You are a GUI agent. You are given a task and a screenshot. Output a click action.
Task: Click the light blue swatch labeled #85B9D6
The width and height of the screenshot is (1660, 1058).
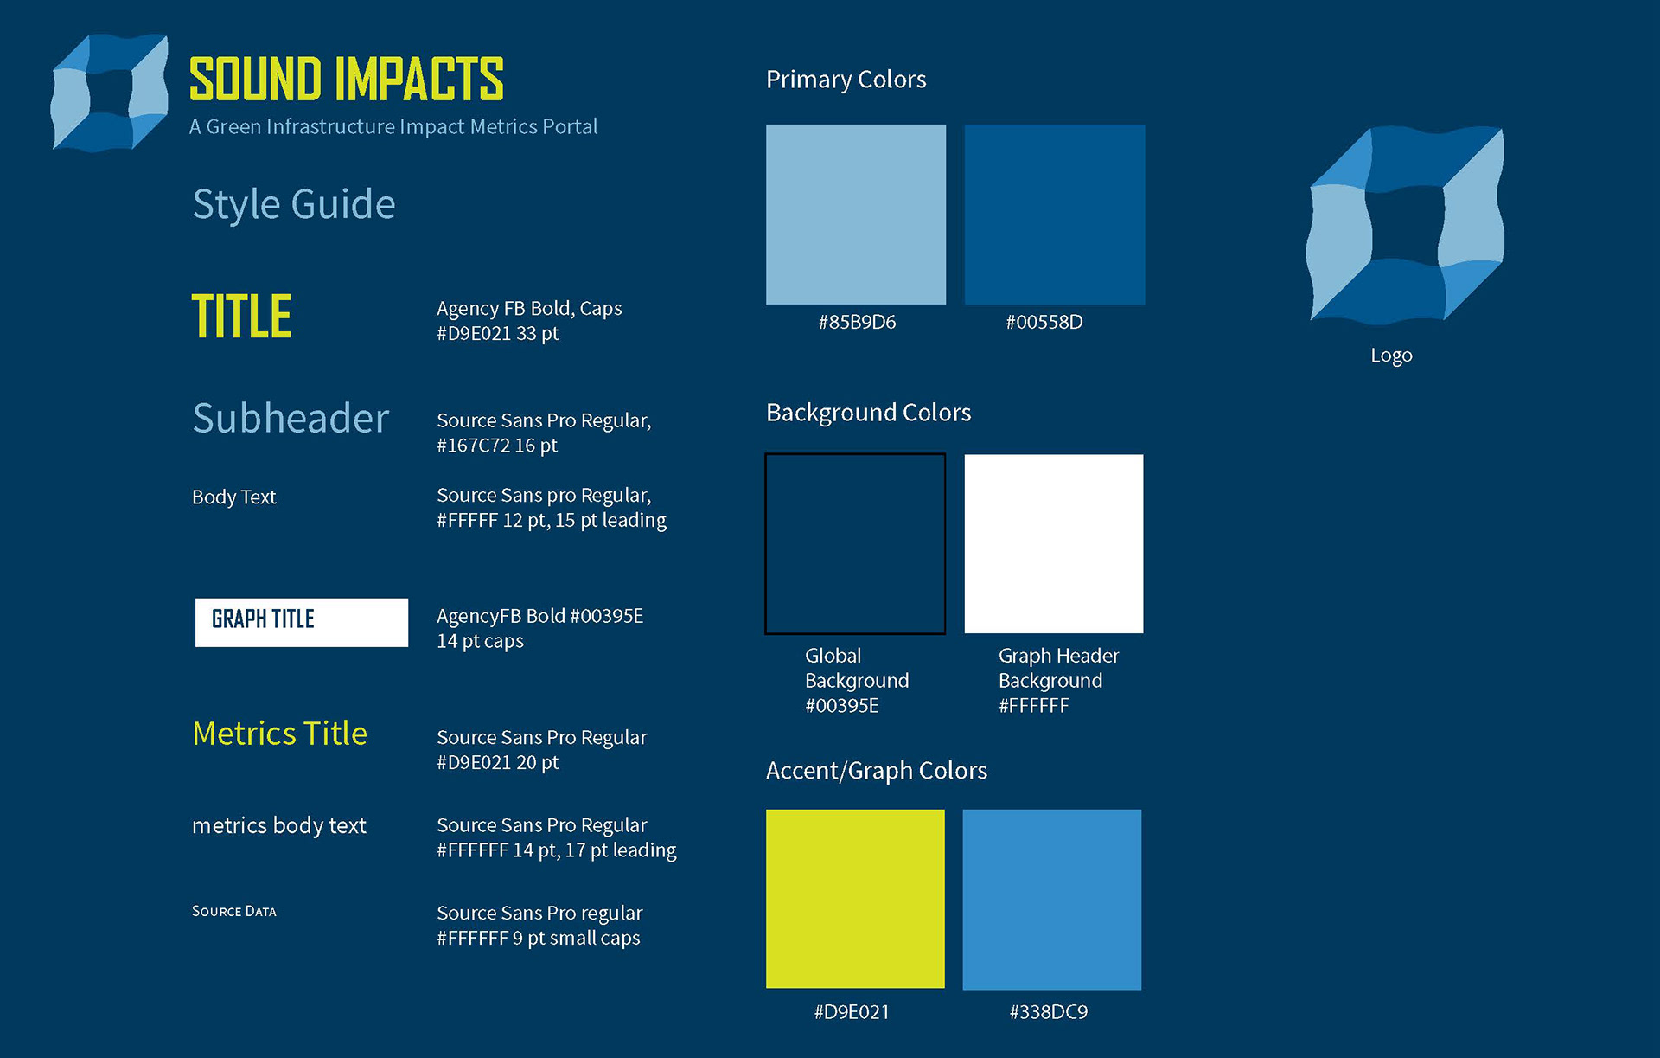tap(856, 215)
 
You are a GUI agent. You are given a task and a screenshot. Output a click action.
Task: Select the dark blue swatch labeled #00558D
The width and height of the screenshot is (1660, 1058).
tap(1055, 215)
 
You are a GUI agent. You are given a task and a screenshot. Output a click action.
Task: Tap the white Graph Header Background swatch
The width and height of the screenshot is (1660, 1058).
tap(1054, 544)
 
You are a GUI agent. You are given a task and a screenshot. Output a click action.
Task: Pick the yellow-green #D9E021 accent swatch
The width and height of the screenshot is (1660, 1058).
tap(855, 899)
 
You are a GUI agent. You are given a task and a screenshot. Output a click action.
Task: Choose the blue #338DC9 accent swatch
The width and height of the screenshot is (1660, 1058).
tap(1052, 900)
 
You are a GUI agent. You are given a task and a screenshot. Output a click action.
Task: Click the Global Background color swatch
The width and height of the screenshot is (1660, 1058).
tap(855, 544)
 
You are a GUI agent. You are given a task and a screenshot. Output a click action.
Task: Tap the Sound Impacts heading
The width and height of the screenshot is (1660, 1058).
tap(346, 80)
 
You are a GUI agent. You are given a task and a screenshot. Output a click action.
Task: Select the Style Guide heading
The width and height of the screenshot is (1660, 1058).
tap(294, 205)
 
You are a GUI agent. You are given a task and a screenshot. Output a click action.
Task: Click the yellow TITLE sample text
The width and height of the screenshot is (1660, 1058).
tap(241, 316)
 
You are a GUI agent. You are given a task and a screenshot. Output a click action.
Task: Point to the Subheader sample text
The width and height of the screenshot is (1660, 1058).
tap(290, 418)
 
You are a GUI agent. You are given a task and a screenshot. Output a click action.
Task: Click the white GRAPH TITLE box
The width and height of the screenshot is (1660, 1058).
tap(302, 622)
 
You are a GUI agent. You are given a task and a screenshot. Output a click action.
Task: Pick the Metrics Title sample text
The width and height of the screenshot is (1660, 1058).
tap(279, 734)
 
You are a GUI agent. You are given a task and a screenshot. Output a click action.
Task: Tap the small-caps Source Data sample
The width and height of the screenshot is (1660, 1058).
tap(234, 911)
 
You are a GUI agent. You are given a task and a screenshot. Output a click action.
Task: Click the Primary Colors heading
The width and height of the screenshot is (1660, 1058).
tap(846, 80)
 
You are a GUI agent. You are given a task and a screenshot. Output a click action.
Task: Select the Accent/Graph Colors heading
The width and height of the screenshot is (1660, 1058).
tap(877, 771)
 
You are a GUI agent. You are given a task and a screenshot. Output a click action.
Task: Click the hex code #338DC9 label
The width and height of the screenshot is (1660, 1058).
tap(1049, 1012)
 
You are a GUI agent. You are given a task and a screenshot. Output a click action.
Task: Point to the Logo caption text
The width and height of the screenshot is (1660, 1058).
tap(1391, 356)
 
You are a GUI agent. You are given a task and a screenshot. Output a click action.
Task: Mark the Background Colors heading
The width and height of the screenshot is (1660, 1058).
tap(868, 413)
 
